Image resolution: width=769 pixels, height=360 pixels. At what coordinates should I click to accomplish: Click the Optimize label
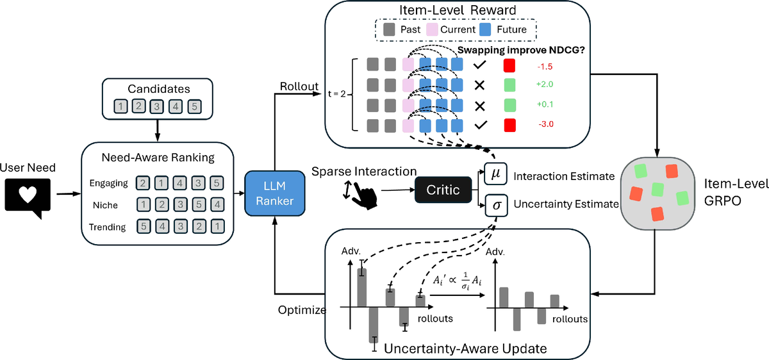(301, 309)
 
